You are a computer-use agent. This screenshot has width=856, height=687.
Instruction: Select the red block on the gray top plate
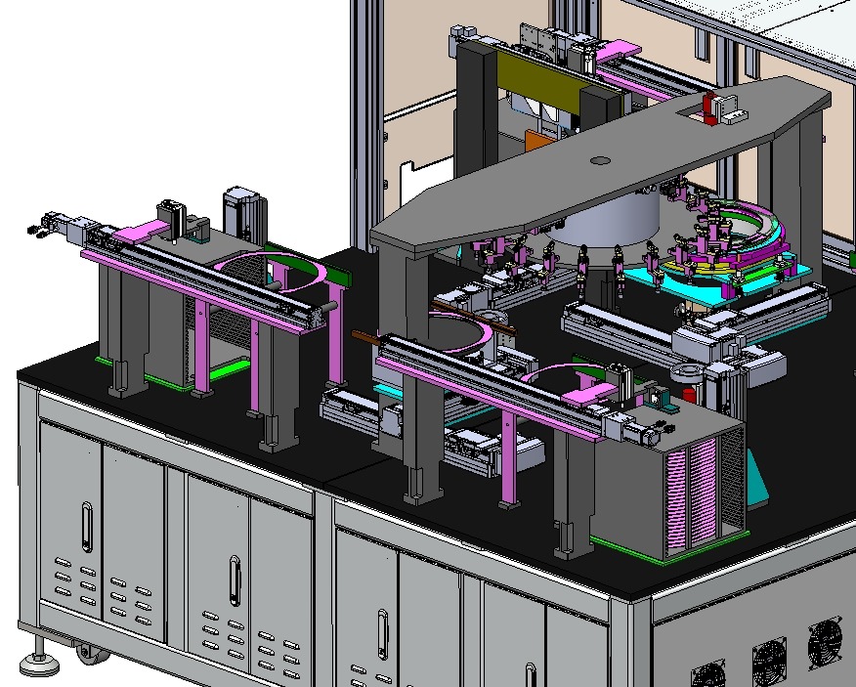tap(707, 107)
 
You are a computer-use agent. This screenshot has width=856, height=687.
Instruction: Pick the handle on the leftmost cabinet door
tap(87, 527)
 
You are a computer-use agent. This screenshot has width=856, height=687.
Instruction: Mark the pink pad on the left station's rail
tap(142, 233)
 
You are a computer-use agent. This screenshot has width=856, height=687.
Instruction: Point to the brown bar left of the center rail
tap(364, 339)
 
